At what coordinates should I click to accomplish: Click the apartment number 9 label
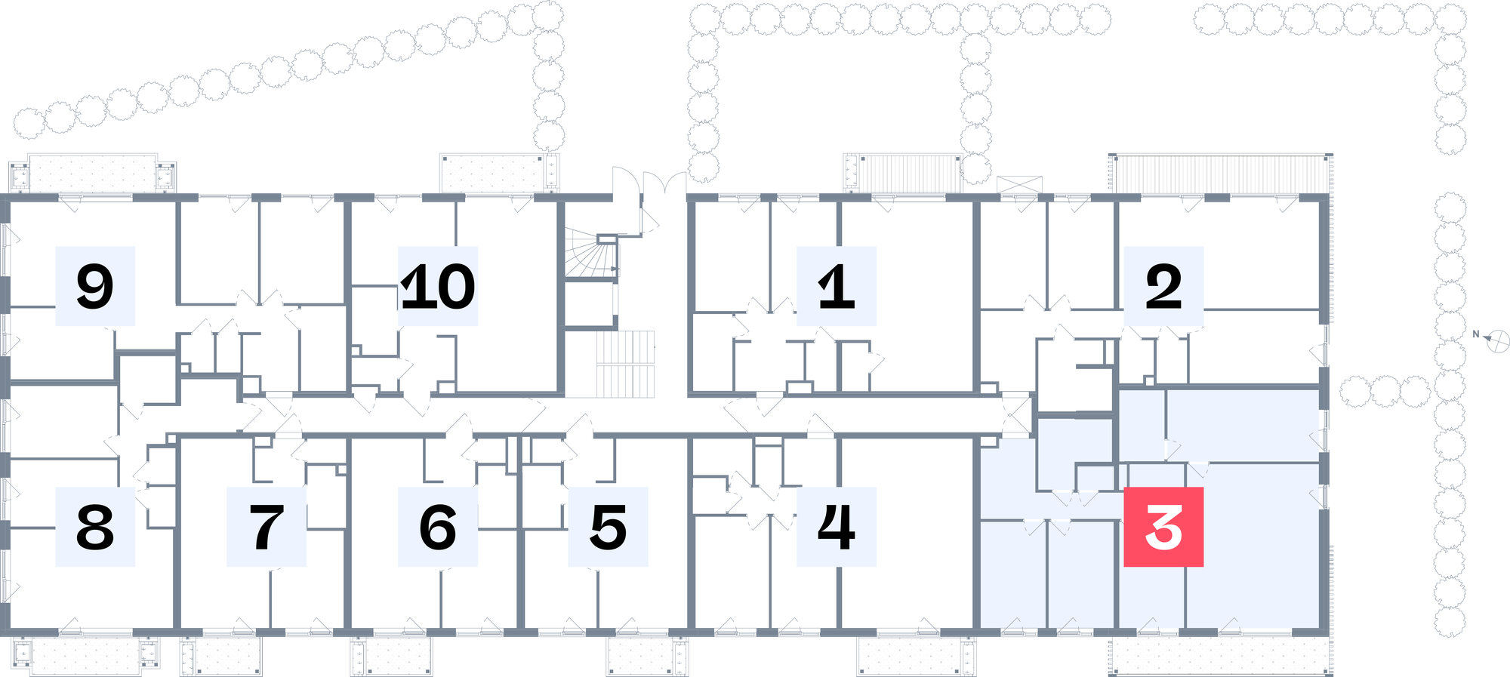pos(95,286)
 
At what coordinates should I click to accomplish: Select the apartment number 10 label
pos(438,286)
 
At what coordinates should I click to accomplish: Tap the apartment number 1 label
pos(837,286)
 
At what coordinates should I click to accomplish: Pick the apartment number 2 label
pos(1163,286)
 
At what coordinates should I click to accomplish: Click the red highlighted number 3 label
pos(1163,527)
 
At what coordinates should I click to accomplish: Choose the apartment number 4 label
pos(837,527)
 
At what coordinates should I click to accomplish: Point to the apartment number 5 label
pos(608,527)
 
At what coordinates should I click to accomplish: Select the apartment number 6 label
pos(438,527)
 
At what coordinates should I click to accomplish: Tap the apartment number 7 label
pos(267,527)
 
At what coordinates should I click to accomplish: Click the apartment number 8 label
pos(95,527)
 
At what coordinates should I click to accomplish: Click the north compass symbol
pos(1497,340)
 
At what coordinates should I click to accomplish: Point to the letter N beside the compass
pos(1476,334)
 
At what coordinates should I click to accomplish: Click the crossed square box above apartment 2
pos(1019,185)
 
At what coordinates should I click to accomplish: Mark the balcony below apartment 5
pos(648,655)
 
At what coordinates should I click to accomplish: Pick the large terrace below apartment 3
pos(1221,655)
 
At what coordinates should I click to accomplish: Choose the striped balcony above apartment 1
pos(903,174)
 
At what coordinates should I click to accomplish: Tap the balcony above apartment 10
pos(500,174)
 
